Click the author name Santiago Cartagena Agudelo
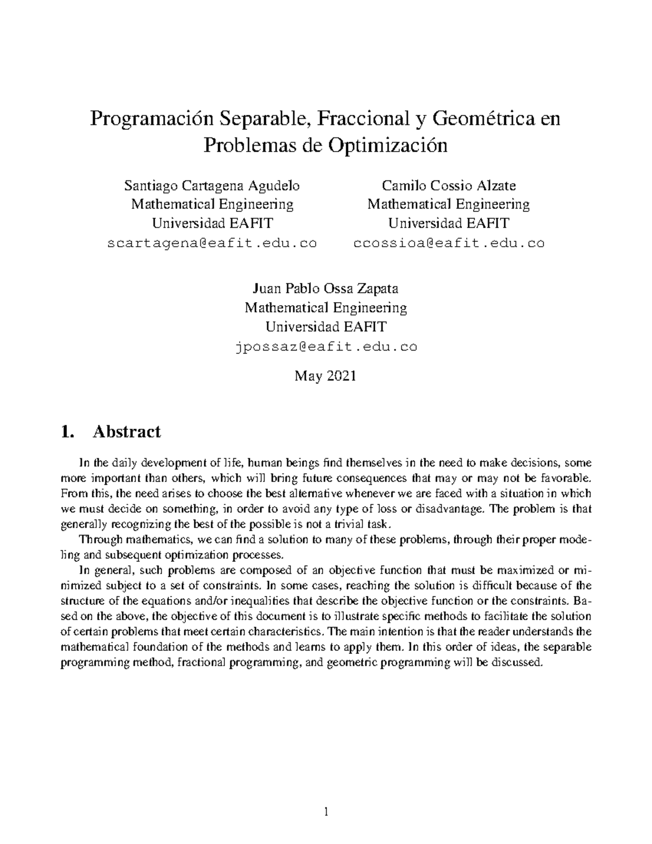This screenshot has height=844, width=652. coord(212,186)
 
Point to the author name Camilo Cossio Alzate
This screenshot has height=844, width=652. coord(449,186)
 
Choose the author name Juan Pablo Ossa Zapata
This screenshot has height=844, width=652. coord(326,289)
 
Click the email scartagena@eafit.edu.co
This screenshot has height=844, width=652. coord(212,243)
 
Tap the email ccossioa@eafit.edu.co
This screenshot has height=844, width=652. coord(449,243)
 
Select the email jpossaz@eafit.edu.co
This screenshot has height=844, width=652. coord(326,346)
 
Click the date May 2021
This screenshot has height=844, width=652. coord(325,376)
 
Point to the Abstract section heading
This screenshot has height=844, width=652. coord(127,432)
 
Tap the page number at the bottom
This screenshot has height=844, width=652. coord(326,812)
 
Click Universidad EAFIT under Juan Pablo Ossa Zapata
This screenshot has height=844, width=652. coord(326,327)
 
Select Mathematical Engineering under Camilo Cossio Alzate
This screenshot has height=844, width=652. coord(449,204)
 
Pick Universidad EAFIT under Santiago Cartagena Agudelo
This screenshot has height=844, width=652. coord(212,223)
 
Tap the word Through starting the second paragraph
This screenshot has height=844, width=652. coord(98,540)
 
